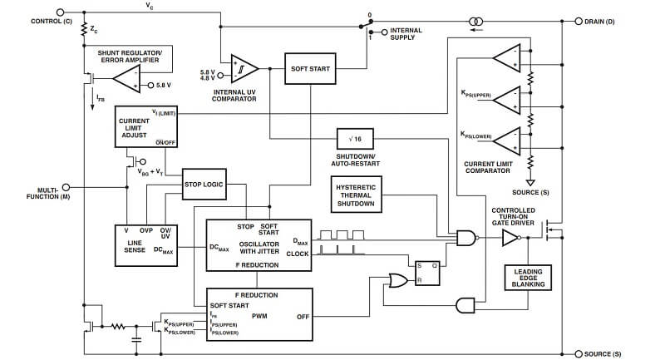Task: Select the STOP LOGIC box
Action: coord(204,184)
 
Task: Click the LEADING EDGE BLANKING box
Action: coord(528,279)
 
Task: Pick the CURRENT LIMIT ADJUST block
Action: coord(145,128)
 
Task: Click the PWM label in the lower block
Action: coord(259,316)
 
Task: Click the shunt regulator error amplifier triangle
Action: coord(127,81)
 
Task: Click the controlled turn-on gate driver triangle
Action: coord(509,239)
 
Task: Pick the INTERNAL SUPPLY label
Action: coord(406,34)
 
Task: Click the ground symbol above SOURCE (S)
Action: coord(529,180)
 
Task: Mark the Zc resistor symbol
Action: coord(84,31)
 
